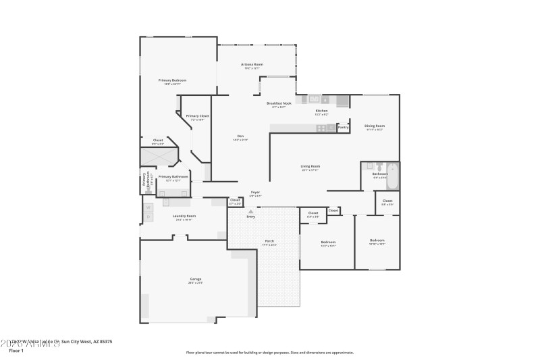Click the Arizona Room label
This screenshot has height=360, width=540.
coord(253,64)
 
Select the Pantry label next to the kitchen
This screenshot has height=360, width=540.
coord(343,127)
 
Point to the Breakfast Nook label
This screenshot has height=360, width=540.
coord(279,104)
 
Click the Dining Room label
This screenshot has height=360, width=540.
coord(375,126)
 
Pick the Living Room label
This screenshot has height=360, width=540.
coord(310,166)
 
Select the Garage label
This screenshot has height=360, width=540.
coord(196,279)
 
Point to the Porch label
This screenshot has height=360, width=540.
coord(269,241)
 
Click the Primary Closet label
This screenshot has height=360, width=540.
coord(198,116)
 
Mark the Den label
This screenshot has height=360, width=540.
coord(240,136)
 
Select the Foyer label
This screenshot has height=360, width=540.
coord(256,192)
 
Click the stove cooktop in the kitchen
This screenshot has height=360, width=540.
coord(322,128)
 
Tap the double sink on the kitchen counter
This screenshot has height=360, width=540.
coord(308,99)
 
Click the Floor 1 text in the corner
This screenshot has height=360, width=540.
coord(16,351)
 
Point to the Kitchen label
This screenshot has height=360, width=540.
coord(322,111)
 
